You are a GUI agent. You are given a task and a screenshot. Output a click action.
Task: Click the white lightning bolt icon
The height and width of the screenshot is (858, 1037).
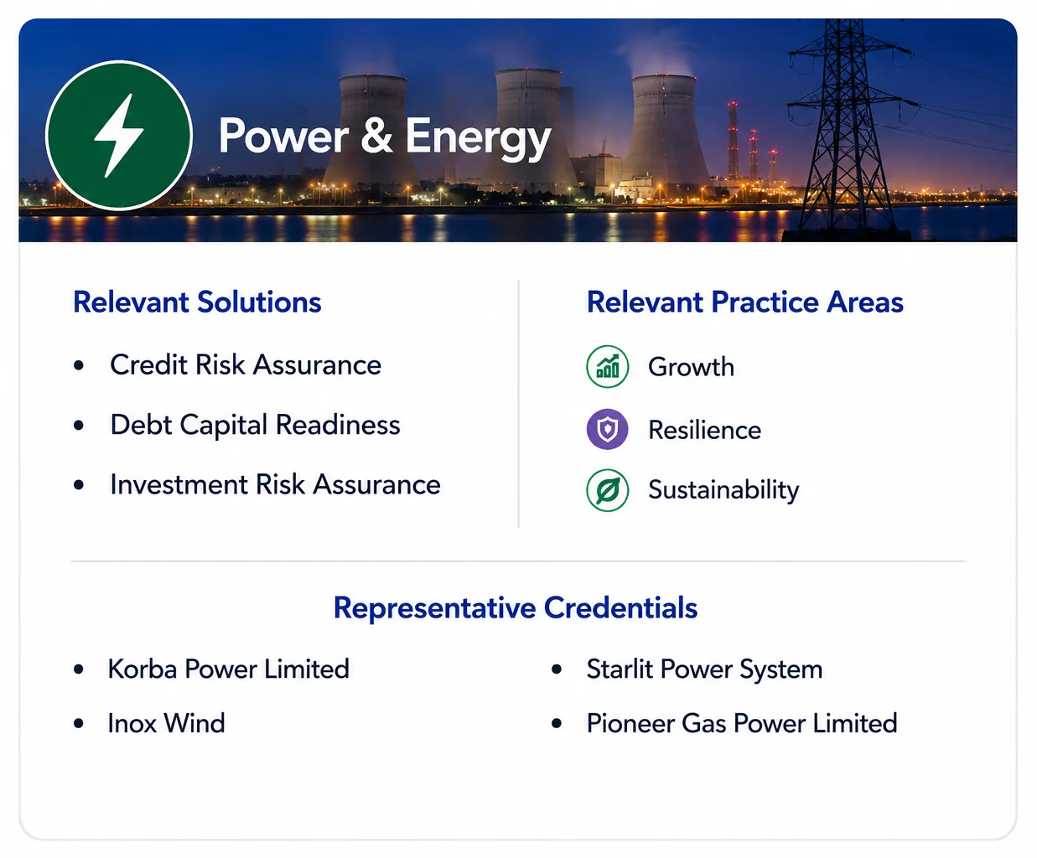point(119,136)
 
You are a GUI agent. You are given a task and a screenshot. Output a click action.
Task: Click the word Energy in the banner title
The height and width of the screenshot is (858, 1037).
point(479,137)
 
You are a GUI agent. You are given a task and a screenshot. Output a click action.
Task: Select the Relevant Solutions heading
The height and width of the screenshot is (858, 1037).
point(197,302)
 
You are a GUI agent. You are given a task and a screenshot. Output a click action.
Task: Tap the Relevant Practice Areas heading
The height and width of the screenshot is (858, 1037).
point(745,302)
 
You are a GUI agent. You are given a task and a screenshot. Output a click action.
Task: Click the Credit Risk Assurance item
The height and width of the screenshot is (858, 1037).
point(246,365)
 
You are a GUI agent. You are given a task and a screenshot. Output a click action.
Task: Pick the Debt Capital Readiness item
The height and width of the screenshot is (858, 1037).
point(255,425)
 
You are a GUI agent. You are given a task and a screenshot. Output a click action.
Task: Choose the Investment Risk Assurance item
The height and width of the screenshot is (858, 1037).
point(275,484)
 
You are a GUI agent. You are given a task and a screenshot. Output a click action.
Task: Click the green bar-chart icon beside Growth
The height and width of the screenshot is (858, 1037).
point(608,366)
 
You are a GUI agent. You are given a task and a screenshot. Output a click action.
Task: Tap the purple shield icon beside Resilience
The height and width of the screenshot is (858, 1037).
point(608,430)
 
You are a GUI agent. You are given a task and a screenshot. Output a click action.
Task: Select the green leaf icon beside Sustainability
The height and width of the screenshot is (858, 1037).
point(608,490)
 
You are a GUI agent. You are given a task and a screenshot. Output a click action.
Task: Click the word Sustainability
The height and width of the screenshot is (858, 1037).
point(723,490)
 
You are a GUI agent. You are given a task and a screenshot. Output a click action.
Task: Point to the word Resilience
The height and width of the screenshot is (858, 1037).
point(705,430)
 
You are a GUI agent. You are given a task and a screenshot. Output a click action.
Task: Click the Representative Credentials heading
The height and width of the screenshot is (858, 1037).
point(516,607)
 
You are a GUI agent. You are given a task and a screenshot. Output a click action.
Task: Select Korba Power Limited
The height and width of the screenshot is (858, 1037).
point(229,669)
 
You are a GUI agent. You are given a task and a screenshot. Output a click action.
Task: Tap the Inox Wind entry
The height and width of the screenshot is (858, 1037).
point(166,723)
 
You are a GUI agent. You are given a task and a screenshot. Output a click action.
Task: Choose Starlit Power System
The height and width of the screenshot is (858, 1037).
point(705,669)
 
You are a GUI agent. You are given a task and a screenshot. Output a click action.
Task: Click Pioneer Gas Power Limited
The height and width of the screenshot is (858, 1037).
point(742,723)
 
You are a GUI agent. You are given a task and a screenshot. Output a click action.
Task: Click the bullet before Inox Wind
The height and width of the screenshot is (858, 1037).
point(79,723)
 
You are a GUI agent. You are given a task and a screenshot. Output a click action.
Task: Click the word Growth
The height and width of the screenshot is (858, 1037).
point(691,367)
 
